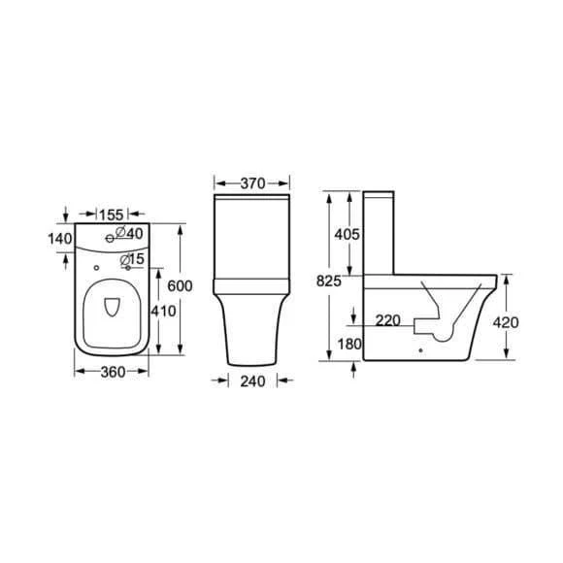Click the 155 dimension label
coord(112,215)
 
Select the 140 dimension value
coord(60,239)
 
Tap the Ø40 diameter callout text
coord(129,233)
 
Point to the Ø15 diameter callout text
coord(132,259)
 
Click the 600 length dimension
coord(180,285)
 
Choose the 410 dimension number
coord(163,311)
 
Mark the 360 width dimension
coord(114,372)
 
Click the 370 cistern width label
coord(252,183)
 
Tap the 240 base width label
coord(252,381)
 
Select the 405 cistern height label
coord(347,235)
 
